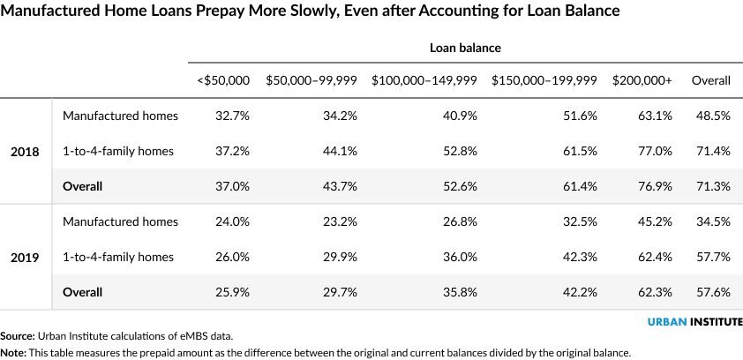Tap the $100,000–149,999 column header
[424, 80]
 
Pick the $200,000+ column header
[642, 80]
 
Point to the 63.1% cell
[655, 116]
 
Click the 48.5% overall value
[713, 116]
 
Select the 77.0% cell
[655, 151]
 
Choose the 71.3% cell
[713, 186]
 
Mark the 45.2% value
[655, 221]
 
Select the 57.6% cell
[713, 292]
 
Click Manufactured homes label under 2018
[120, 116]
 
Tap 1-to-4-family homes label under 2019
[118, 257]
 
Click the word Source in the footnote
[17, 336]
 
